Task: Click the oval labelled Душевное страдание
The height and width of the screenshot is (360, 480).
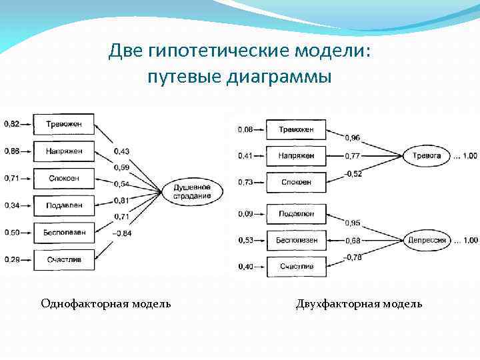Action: pyautogui.click(x=192, y=192)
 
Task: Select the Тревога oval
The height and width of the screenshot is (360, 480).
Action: pyautogui.click(x=427, y=155)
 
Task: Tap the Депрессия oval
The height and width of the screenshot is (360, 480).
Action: pyautogui.click(x=427, y=240)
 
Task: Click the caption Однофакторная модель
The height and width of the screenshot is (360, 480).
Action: pyautogui.click(x=105, y=304)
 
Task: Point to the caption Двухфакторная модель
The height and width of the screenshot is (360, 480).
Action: pyautogui.click(x=359, y=304)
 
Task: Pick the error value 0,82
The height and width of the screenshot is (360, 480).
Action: pyautogui.click(x=12, y=124)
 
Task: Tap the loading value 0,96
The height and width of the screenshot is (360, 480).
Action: pyautogui.click(x=353, y=138)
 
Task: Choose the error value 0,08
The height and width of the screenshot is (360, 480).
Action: pyautogui.click(x=246, y=129)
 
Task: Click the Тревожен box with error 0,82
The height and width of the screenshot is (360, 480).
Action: pyautogui.click(x=64, y=124)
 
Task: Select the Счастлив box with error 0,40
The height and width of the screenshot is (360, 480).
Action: pyautogui.click(x=296, y=267)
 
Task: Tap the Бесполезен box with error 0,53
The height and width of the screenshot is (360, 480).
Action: pyautogui.click(x=296, y=240)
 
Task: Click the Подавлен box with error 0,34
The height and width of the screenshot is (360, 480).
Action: pyautogui.click(x=64, y=205)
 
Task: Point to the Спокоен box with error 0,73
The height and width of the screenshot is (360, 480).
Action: pyautogui.click(x=296, y=182)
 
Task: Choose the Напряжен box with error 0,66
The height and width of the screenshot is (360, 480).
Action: pyautogui.click(x=64, y=151)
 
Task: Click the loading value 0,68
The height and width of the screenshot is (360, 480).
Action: pyautogui.click(x=353, y=240)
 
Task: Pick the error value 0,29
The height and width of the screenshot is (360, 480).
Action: pyautogui.click(x=12, y=259)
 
